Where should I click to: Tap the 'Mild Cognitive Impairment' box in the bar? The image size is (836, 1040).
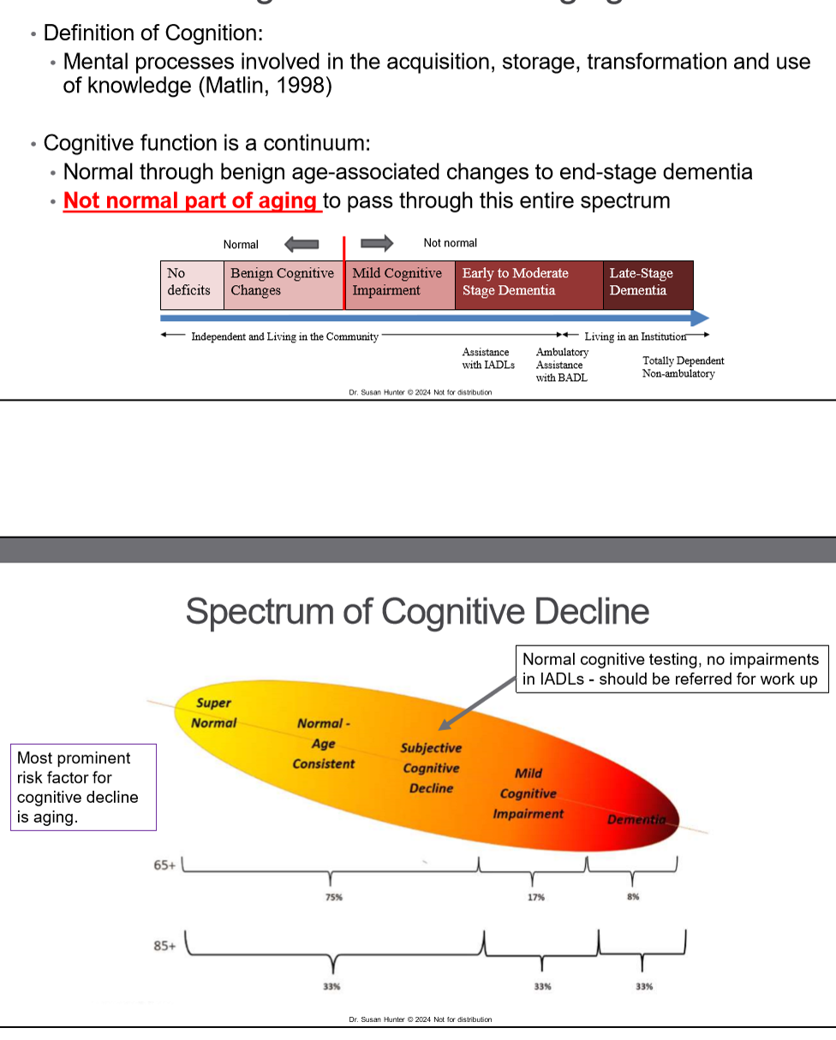(399, 284)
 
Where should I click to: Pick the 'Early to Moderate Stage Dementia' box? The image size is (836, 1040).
(528, 284)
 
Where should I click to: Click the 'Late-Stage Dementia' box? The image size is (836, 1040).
(648, 284)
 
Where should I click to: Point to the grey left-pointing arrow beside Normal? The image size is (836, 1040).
(301, 245)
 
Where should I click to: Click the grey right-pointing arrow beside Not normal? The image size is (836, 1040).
(377, 244)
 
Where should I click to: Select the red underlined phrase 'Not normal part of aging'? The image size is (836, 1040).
(191, 200)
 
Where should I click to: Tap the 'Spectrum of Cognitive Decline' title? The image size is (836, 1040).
(417, 611)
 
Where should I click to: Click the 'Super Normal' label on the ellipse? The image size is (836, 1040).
(214, 713)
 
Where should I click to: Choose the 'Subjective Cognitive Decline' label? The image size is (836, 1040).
(431, 768)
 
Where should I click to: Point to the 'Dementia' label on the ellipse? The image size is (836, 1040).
(636, 819)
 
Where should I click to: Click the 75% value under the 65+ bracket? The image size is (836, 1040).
(333, 897)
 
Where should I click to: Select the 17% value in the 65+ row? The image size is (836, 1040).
(536, 897)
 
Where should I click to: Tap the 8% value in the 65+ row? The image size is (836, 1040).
(633, 897)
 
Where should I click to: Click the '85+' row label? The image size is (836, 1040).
(164, 946)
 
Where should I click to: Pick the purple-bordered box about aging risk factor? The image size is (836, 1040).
(83, 787)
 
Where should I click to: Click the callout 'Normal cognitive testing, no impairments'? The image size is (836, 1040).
(672, 669)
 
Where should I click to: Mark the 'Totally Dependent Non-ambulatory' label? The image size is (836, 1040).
(683, 367)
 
